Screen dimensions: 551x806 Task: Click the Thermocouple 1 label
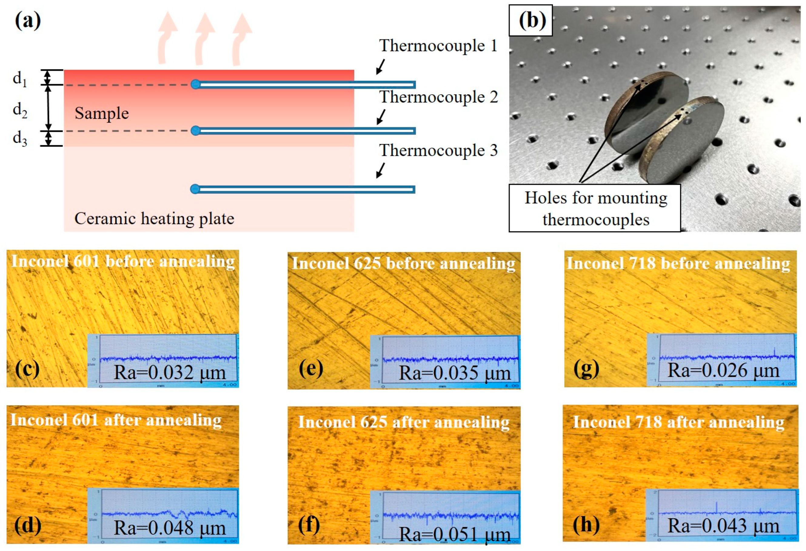438,45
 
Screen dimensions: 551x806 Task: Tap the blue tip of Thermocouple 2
196,131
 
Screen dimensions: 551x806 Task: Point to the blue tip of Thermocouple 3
195,189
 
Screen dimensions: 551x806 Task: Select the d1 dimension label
20,79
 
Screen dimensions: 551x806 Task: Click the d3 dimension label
20,139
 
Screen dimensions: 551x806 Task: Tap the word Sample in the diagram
102,113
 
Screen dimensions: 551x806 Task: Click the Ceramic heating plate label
154,219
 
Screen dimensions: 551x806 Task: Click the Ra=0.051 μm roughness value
455,534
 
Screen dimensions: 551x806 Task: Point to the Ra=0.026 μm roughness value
724,370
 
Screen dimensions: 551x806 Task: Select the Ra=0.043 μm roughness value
724,526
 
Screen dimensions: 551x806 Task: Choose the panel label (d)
28,525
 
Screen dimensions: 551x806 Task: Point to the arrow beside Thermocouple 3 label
380,171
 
